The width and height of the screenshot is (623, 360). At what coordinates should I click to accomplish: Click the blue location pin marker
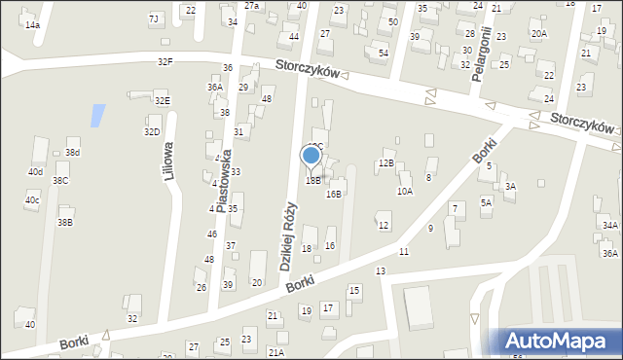click(x=311, y=156)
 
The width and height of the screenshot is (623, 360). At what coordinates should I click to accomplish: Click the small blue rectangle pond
click(x=97, y=116)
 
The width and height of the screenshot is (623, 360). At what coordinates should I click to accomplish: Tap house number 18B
click(x=312, y=180)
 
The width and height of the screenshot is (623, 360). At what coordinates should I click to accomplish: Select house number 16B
click(x=334, y=194)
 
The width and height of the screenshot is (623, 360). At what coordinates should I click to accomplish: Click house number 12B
click(x=386, y=162)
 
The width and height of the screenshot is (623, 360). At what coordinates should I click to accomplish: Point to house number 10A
click(x=404, y=192)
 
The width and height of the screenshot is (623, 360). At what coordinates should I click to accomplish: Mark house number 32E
click(x=162, y=100)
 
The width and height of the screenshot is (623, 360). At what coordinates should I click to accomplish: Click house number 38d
click(x=72, y=153)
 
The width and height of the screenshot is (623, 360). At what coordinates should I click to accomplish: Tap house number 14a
click(x=33, y=24)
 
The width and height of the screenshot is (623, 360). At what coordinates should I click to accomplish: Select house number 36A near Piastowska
click(x=214, y=87)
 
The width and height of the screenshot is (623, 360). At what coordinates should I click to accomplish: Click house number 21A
click(x=276, y=351)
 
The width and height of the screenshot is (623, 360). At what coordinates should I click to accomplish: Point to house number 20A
click(x=538, y=33)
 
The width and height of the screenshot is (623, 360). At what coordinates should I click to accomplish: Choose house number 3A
click(x=510, y=186)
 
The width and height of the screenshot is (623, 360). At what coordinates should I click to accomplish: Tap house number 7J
click(x=153, y=18)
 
